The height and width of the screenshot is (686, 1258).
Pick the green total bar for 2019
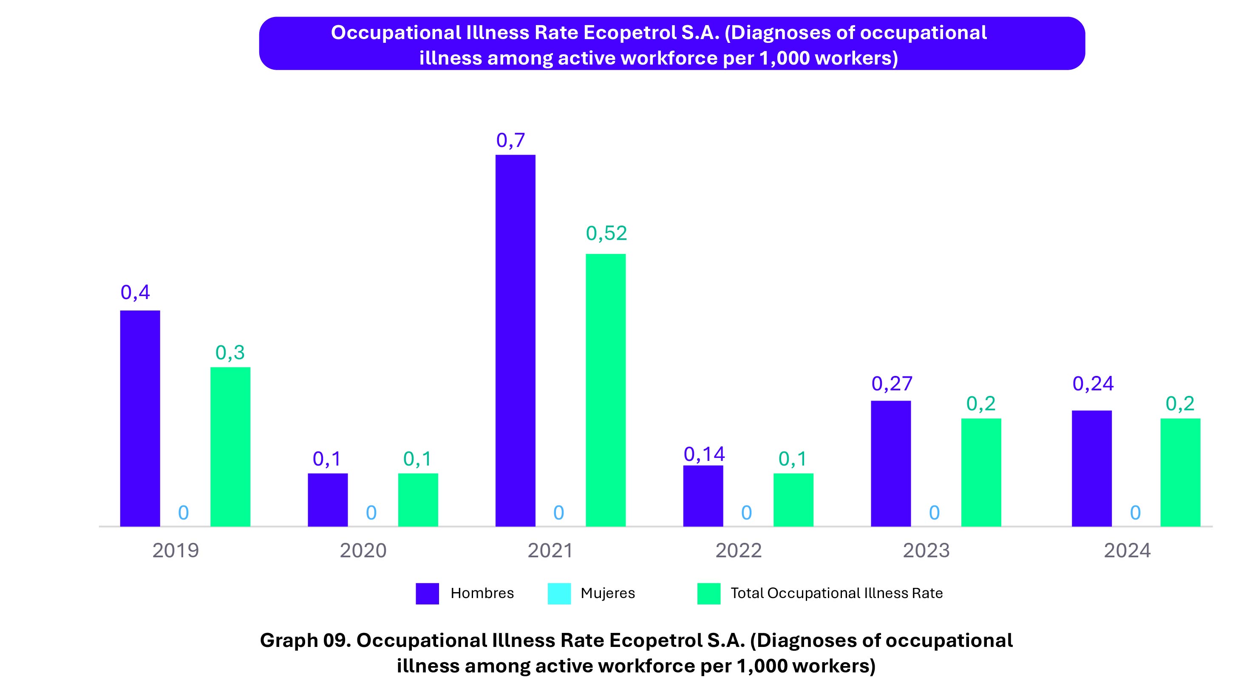pyautogui.click(x=230, y=446)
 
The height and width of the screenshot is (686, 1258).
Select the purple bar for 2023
pyautogui.click(x=891, y=463)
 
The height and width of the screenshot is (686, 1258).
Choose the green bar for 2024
pyautogui.click(x=1180, y=472)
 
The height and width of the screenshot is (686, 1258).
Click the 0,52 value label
pyautogui.click(x=606, y=233)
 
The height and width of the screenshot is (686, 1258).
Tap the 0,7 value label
pyautogui.click(x=510, y=141)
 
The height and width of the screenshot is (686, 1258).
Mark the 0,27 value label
pyautogui.click(x=892, y=384)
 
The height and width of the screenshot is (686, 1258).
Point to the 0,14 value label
pyautogui.click(x=704, y=454)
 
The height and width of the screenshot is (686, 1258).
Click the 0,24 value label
pyautogui.click(x=1093, y=384)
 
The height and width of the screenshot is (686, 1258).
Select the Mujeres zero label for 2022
pyautogui.click(x=746, y=513)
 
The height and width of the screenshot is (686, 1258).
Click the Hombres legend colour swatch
pyautogui.click(x=427, y=593)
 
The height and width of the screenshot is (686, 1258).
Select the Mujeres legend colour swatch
pyautogui.click(x=559, y=593)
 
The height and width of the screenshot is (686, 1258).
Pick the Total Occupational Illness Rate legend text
pyautogui.click(x=836, y=593)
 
